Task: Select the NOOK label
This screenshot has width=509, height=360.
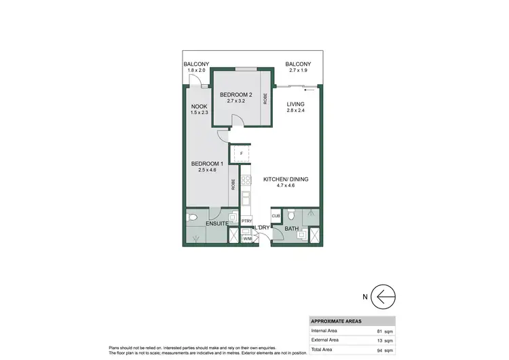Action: click(199, 106)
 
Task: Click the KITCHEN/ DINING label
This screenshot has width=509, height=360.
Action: click(286, 179)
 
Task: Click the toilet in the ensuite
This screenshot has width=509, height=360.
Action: click(193, 218)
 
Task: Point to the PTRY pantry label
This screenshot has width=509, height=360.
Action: click(247, 221)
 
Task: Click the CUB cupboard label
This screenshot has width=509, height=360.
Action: click(276, 216)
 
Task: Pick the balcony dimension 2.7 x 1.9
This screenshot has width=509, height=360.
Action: click(297, 70)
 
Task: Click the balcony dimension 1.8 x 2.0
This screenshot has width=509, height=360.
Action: click(196, 70)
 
